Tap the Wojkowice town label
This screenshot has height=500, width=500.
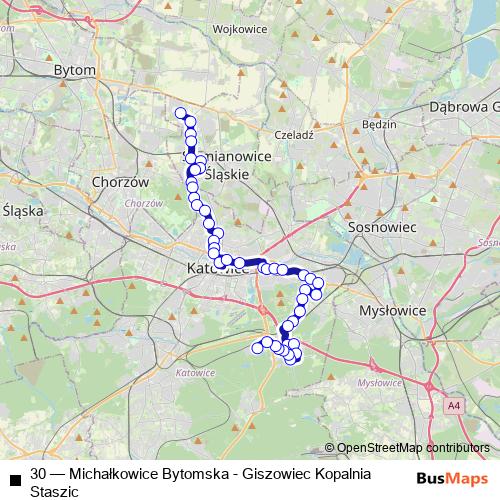click(239, 30)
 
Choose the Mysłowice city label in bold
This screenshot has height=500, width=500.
click(392, 311)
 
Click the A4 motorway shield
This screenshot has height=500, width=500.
click(455, 405)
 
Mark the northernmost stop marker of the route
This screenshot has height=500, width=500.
click(181, 113)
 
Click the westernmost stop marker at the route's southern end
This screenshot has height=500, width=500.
click(257, 348)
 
